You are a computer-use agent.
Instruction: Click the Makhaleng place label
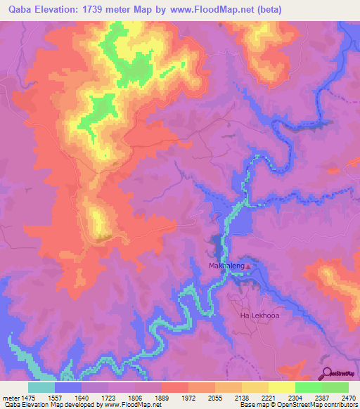(x=225, y=266)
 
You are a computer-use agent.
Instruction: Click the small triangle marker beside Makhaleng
(x=247, y=266)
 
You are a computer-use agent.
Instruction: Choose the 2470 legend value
(x=348, y=397)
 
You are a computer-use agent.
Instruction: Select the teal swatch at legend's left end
(x=41, y=387)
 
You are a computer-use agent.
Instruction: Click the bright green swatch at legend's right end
(x=335, y=387)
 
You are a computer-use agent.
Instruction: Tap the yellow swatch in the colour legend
(x=281, y=387)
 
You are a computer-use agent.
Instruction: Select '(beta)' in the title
(x=278, y=10)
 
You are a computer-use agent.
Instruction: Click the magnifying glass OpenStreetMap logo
(x=327, y=372)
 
